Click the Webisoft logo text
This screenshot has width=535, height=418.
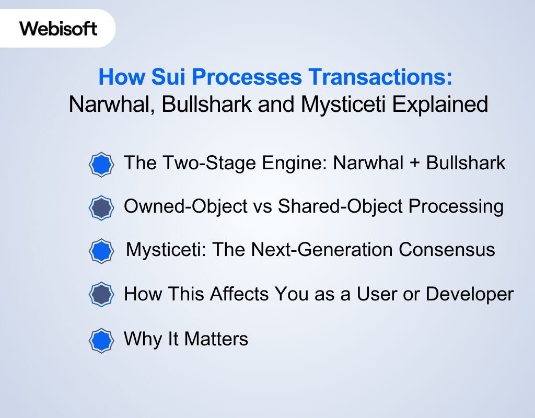click(x=59, y=28)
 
